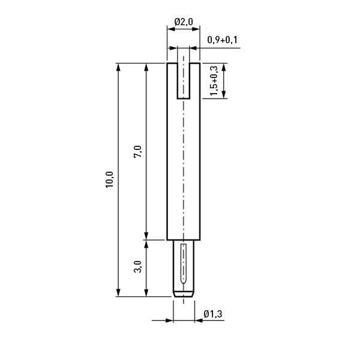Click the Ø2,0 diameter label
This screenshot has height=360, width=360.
coord(184,22)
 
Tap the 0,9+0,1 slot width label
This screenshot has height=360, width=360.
coord(222,40)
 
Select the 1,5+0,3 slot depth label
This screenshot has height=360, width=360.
coord(213,81)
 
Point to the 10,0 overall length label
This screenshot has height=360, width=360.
coord(110,179)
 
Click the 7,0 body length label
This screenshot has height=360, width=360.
coord(138,152)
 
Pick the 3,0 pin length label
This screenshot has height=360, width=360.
coord(138,266)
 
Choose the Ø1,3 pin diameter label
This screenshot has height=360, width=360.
coord(213,314)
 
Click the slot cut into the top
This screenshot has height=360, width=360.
coord(183,81)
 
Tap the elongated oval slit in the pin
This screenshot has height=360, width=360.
coord(183,264)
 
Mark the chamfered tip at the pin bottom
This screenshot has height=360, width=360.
coord(183,295)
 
